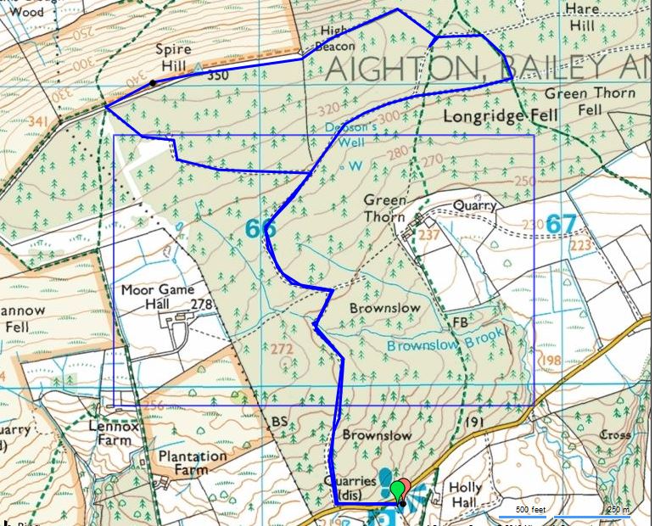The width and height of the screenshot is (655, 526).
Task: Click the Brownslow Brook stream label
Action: pos(445,340)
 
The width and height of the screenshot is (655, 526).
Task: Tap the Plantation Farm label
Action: pos(194,462)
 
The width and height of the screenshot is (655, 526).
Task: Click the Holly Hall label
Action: pos(464,495)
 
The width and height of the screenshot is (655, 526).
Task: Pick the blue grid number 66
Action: pos(260,228)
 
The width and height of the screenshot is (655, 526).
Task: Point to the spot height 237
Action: pos(429,235)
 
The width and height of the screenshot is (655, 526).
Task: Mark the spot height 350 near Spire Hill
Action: pos(218,75)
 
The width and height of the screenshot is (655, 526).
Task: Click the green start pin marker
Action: pos(396,490)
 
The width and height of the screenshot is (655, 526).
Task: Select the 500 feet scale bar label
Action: pos(523,509)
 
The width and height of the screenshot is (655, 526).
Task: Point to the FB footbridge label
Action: pos(461,322)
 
